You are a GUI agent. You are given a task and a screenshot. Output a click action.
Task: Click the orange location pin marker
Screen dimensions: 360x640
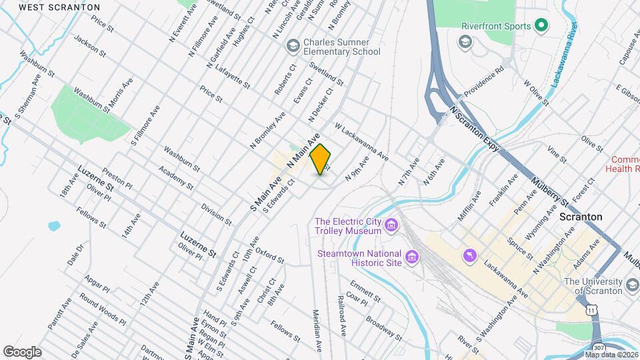click(321, 159)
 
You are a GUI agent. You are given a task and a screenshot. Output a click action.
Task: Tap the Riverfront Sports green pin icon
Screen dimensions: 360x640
click(542, 26)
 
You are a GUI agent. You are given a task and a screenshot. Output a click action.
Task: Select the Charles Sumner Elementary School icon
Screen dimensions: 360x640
click(292, 46)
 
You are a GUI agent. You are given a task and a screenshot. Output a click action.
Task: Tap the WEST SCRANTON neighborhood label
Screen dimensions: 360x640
click(59, 7)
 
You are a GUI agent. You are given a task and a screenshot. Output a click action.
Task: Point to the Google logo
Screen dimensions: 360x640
click(22, 351)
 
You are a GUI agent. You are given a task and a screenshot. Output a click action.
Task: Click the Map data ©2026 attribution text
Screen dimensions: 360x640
click(611, 355)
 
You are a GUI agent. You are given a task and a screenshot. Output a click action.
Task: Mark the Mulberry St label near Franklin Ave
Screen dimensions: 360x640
click(551, 191)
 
